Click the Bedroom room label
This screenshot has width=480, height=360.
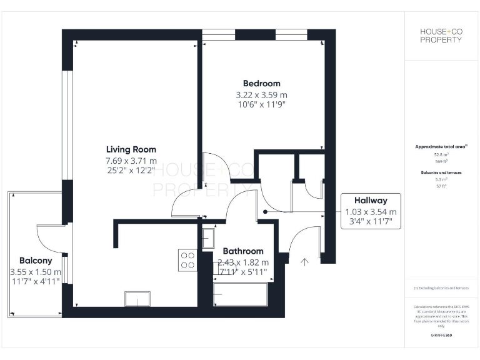coord(261,83)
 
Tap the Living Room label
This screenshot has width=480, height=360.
coord(131,149)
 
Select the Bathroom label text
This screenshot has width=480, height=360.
coord(243,251)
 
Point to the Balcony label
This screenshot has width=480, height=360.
coord(36,261)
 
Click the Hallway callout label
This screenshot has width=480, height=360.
coord(371,201)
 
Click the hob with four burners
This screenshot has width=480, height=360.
coord(188,259)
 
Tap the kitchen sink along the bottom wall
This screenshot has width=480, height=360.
coord(137,299)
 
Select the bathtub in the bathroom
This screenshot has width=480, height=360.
coord(241,294)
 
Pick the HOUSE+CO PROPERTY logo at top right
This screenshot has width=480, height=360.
coord(441,36)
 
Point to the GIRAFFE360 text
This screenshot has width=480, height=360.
coord(441,336)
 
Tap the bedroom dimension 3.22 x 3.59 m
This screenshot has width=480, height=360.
coord(261,95)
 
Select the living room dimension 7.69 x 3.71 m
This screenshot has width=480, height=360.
coord(131,161)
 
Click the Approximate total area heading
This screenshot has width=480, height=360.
coord(441,146)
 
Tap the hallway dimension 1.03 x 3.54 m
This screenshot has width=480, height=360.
coord(371,212)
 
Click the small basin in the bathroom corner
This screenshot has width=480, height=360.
coord(208,237)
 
